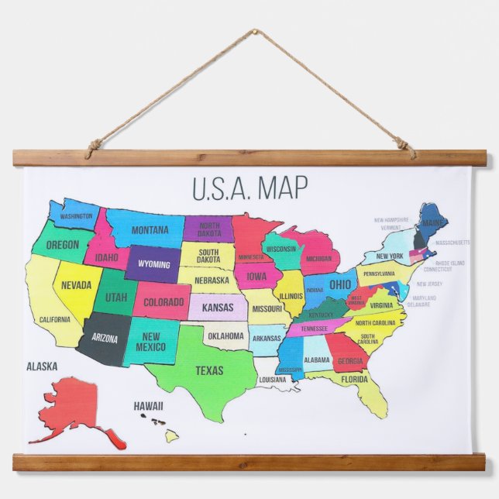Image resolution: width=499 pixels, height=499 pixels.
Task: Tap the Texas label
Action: click(x=208, y=371)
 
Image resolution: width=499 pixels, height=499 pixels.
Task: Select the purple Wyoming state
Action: click(x=153, y=264)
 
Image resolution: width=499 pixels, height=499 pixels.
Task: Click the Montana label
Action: click(x=150, y=230)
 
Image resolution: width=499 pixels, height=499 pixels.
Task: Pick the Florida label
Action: click(x=354, y=380)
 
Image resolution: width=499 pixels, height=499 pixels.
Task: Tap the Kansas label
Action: click(x=217, y=308)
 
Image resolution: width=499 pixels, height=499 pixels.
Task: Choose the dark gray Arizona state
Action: click(x=105, y=338)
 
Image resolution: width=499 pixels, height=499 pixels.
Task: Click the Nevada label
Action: click(x=77, y=286)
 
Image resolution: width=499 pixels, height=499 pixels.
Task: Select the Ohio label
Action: click(x=340, y=284)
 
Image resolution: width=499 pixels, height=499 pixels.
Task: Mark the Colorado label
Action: click(x=163, y=302)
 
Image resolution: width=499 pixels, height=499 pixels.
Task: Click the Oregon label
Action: click(x=62, y=245)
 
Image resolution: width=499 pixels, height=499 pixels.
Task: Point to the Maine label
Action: click(x=434, y=224)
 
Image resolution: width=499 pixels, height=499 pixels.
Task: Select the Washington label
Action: click(x=76, y=216)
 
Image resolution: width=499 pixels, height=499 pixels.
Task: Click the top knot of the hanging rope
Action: click(x=253, y=33)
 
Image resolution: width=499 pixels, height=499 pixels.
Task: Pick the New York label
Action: click(x=390, y=256)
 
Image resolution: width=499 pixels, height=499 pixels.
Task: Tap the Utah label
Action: click(x=116, y=298)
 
